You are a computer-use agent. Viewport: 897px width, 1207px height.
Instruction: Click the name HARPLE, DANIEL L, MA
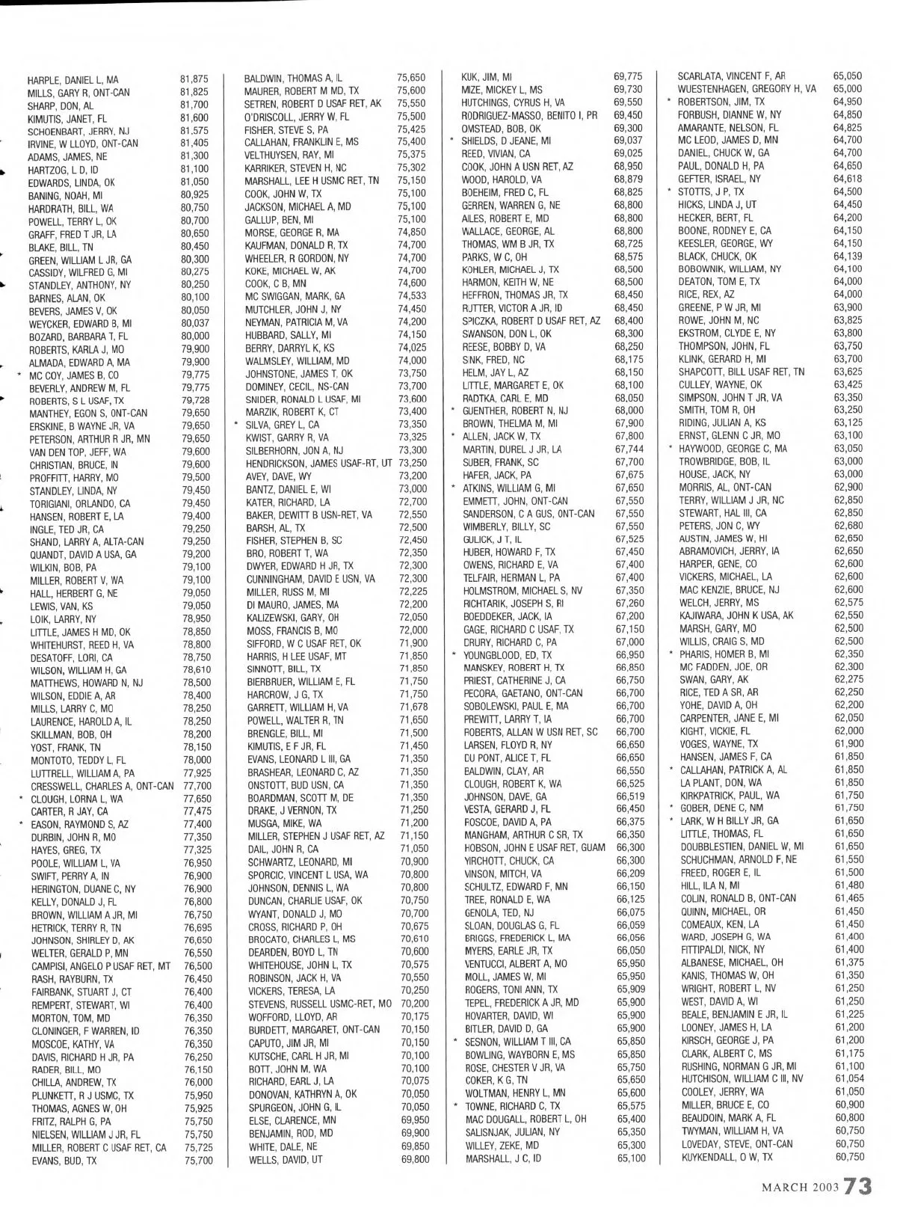(73, 80)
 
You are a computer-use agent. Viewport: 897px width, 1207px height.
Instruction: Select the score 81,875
(194, 79)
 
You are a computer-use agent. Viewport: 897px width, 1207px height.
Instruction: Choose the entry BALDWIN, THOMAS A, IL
(294, 78)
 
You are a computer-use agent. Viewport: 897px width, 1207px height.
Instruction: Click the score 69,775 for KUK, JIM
(628, 77)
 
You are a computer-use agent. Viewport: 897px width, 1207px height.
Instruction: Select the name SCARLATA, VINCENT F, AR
(731, 76)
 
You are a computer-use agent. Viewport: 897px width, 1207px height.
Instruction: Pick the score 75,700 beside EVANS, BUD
(198, 1161)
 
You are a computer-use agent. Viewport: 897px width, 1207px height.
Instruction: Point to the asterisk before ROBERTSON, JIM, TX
(668, 102)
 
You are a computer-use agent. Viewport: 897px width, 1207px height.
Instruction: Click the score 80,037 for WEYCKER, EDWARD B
(195, 323)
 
